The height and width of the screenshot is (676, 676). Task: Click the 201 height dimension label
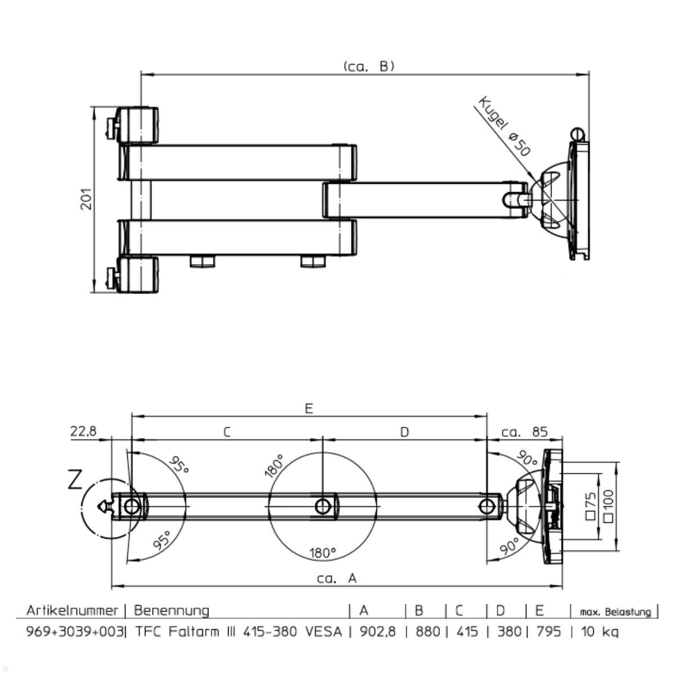coord(86,199)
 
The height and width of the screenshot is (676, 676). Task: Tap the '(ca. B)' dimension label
coord(369,66)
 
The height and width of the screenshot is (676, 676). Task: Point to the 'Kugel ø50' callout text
coord(504,126)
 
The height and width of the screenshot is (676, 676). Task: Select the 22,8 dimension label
coord(83,431)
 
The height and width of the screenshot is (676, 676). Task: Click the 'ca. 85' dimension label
coord(524,432)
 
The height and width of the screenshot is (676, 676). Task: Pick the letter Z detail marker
coord(75,480)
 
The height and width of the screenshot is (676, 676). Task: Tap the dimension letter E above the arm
coord(309,408)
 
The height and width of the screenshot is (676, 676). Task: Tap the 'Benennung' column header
coord(172,611)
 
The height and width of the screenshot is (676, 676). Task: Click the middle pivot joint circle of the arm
coord(323,506)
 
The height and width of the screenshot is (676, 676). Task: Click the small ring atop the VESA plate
coord(578,134)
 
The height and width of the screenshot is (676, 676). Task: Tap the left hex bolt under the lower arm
coord(202,262)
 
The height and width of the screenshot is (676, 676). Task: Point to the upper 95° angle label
coord(179,465)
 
